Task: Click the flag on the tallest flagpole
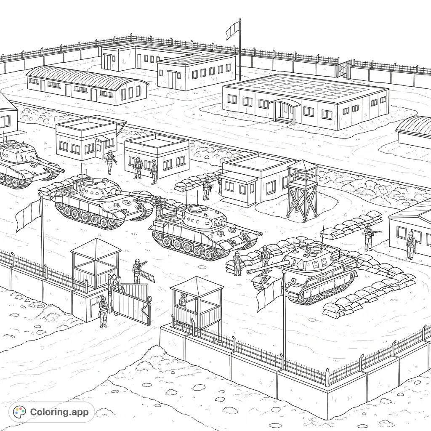pos(233,30)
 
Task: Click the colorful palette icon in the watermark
pos(20,412)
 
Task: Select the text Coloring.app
pos(59,412)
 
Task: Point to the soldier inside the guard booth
pos(183,301)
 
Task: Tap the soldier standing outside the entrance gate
pos(103,311)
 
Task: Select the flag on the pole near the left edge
pos(28,215)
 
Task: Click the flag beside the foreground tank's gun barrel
pos(269,293)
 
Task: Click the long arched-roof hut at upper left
pos(86,85)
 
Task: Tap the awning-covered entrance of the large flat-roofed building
pos(285,110)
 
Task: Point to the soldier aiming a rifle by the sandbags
pos(369,237)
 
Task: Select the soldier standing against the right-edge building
pos(410,245)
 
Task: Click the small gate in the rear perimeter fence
pos(344,70)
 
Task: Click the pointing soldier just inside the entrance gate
pos(138,271)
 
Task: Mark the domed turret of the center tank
pos(197,212)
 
